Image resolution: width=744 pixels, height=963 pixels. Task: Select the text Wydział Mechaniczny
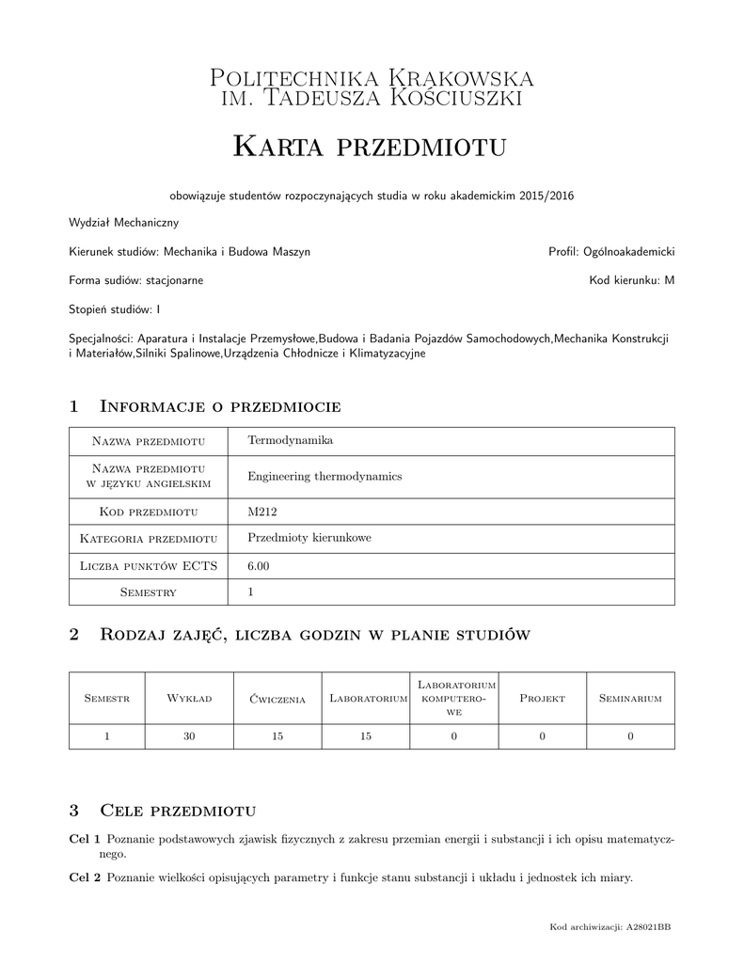pos(124,223)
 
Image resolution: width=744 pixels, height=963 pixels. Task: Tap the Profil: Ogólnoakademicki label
pos(611,251)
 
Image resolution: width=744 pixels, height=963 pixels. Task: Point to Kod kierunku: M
pos(632,279)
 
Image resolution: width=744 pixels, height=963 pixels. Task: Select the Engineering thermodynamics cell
pos(325,476)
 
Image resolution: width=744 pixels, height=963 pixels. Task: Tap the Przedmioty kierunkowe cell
pos(309,538)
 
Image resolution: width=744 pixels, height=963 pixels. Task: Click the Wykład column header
pos(189,699)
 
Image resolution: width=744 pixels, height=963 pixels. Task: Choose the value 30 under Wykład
pos(189,736)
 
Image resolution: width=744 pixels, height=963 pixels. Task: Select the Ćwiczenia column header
pos(277,699)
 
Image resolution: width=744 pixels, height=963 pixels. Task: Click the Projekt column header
pos(542,699)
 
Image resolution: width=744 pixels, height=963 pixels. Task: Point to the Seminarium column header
pos(630,699)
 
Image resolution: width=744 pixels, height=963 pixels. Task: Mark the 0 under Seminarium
pos(630,736)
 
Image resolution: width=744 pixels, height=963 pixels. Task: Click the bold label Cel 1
pos(86,838)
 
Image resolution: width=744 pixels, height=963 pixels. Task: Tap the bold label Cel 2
pos(86,878)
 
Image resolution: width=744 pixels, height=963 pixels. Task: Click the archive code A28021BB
pos(648,927)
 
